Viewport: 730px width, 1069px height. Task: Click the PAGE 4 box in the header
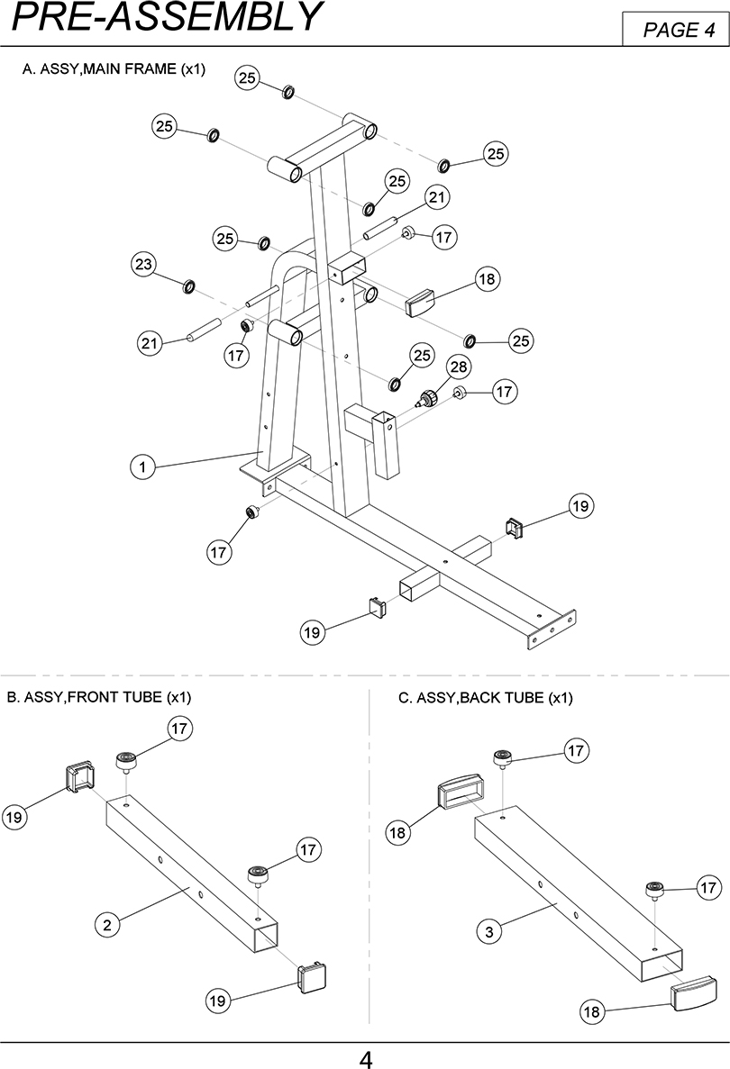[x=675, y=30]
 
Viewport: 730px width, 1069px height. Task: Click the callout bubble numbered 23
[x=143, y=264]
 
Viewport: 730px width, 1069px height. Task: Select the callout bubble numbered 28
[x=459, y=367]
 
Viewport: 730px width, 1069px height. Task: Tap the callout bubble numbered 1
[x=142, y=467]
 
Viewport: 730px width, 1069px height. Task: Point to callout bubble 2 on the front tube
[x=107, y=925]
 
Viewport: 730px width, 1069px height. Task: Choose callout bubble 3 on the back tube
[x=489, y=932]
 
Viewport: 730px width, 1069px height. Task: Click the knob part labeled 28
[x=427, y=398]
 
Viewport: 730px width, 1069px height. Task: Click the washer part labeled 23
[x=189, y=285]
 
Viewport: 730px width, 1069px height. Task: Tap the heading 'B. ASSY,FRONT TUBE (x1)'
[x=99, y=697]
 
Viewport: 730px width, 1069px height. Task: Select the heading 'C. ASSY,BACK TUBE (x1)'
[x=486, y=697]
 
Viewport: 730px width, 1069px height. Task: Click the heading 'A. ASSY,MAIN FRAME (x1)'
[x=114, y=68]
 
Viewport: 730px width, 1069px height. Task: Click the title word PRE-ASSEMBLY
[x=167, y=17]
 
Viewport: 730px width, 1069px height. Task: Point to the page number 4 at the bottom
[x=366, y=1059]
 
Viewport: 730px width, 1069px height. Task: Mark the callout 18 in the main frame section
[x=487, y=279]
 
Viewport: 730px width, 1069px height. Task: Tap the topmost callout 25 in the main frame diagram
[x=247, y=78]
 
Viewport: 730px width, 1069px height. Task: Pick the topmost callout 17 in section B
[x=178, y=729]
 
